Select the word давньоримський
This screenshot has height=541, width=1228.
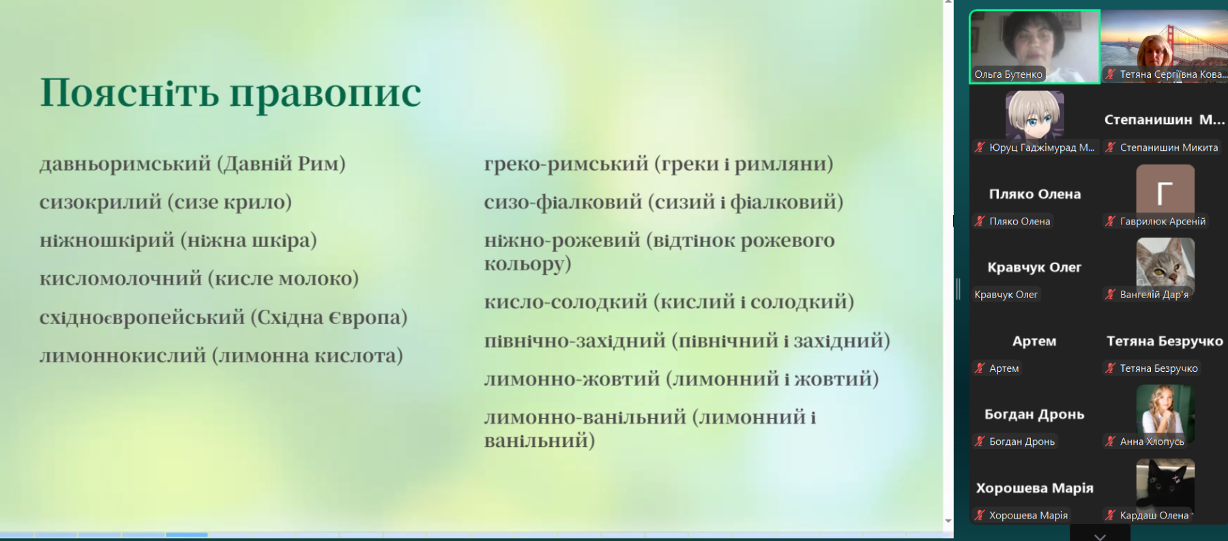click(x=126, y=164)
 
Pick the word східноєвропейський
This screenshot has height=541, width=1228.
click(x=142, y=318)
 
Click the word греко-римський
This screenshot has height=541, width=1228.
click(x=566, y=164)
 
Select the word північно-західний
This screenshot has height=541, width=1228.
click(x=575, y=340)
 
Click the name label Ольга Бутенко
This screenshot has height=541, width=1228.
click(x=1008, y=74)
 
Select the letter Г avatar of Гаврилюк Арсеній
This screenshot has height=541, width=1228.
click(x=1165, y=189)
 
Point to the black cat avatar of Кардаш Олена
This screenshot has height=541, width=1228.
click(x=1165, y=482)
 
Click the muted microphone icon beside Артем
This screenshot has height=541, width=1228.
click(x=980, y=368)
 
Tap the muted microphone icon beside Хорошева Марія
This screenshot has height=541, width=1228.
click(x=980, y=515)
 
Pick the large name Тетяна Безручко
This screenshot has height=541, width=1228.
click(x=1165, y=341)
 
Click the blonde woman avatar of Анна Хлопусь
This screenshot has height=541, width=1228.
click(x=1165, y=409)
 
